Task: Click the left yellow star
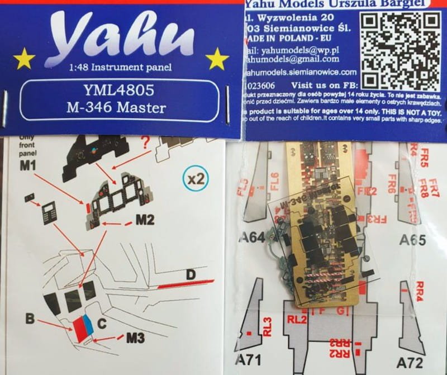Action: pos(24,58)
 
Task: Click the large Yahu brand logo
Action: pos(120,37)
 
